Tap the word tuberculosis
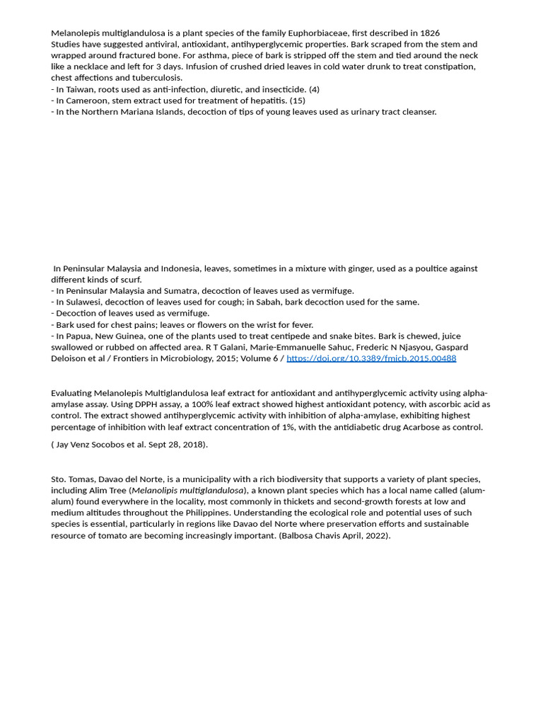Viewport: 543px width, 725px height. [x=158, y=78]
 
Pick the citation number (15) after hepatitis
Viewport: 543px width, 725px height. [x=298, y=101]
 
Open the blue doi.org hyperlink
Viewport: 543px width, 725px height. [x=371, y=359]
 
